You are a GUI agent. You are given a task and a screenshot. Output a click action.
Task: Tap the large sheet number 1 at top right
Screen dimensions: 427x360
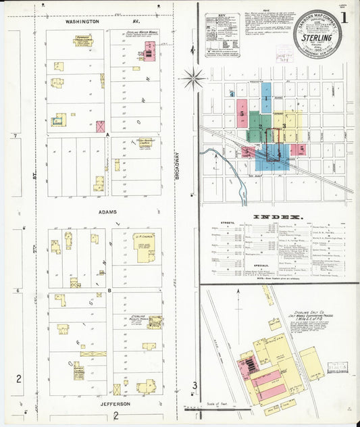click(x=344, y=16)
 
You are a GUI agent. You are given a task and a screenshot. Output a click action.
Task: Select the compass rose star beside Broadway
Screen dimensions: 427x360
click(x=193, y=78)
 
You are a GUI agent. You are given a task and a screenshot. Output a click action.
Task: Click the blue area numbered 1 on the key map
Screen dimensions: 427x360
click(x=267, y=99)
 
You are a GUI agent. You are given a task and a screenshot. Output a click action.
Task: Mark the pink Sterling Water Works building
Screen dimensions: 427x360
click(x=149, y=50)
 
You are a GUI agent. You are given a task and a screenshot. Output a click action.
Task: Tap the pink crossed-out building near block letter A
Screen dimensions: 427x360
click(x=101, y=126)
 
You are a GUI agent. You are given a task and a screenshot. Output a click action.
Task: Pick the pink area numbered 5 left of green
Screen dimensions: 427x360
click(x=241, y=116)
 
